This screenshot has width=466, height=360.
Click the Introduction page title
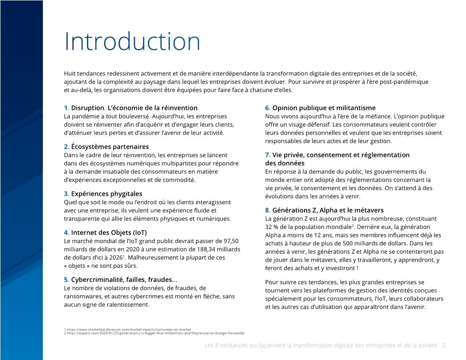coord(132,42)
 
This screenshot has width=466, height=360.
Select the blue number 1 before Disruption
coord(66,108)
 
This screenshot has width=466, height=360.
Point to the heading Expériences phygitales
coord(106,194)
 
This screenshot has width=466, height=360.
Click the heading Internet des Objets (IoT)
coord(109,232)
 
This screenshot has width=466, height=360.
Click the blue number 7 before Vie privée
coord(267,155)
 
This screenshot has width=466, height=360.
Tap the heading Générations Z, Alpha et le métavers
coord(328,210)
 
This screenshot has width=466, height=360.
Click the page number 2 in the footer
coord(443,346)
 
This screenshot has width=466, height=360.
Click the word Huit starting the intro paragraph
coord(70,73)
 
